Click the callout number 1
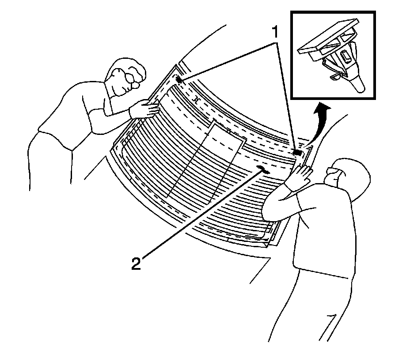click(275, 32)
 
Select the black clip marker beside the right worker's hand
click(297, 152)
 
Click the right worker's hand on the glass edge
click(302, 173)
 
